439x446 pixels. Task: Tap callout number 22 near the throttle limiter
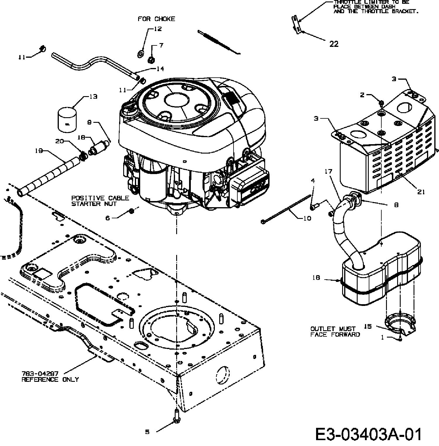[334, 44]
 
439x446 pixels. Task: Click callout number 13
[93, 97]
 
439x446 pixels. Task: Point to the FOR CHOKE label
[156, 19]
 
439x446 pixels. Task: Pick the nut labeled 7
[151, 60]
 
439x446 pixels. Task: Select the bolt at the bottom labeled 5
[177, 416]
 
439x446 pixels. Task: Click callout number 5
[147, 432]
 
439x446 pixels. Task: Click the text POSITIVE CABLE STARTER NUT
[100, 201]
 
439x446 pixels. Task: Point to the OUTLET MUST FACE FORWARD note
[335, 332]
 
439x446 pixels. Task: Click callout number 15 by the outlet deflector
[368, 326]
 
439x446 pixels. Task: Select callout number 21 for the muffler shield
[421, 192]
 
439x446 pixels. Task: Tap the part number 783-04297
[40, 374]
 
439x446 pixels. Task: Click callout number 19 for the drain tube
[39, 151]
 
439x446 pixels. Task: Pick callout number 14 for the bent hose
[160, 69]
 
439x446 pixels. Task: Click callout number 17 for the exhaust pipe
[329, 171]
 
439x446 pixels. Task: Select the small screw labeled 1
[400, 339]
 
